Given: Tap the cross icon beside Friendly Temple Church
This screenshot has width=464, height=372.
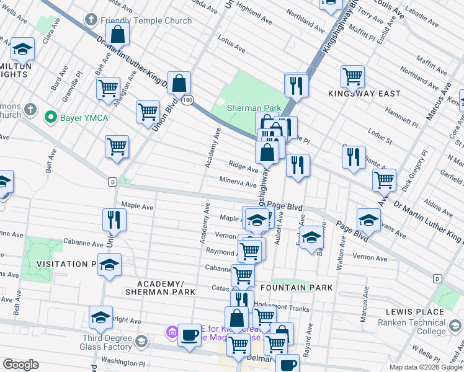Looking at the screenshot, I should (x=91, y=20).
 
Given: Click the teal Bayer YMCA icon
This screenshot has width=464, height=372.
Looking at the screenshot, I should (x=49, y=116).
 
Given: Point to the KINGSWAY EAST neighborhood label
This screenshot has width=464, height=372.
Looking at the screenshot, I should (x=364, y=94).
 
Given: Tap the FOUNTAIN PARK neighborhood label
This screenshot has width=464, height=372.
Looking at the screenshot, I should (x=297, y=288).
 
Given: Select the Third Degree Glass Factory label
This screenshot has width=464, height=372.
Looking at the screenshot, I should (x=110, y=343).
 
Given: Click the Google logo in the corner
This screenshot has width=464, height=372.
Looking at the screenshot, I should (x=20, y=365).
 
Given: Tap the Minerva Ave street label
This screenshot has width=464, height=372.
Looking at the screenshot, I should (x=238, y=184).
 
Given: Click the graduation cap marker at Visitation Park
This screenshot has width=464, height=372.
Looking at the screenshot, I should (x=109, y=265).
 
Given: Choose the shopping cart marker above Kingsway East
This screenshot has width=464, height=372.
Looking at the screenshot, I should (x=352, y=76).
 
